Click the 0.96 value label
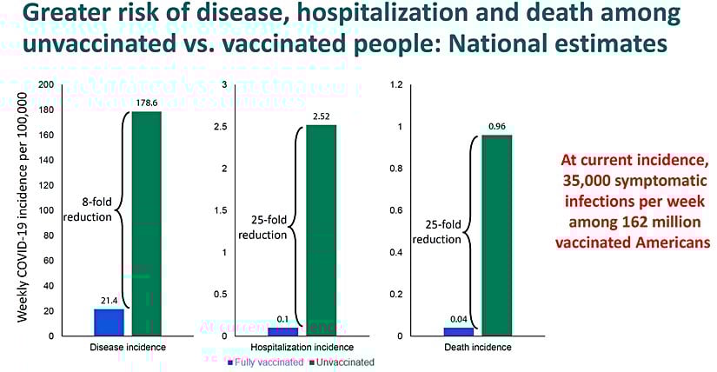pos(496,127)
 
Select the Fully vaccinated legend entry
pos(259,361)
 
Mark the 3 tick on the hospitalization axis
pos(224,85)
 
